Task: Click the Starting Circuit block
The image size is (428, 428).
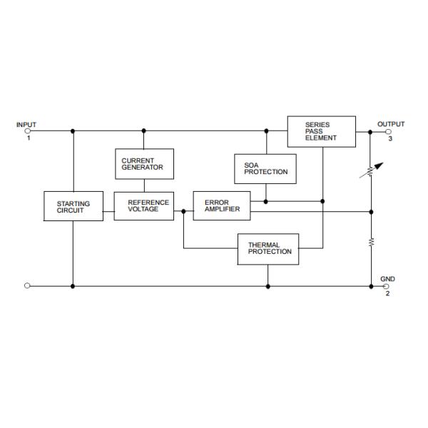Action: pyautogui.click(x=73, y=206)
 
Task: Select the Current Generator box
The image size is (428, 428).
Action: pyautogui.click(x=143, y=164)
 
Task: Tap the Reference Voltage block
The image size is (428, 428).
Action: pyautogui.click(x=143, y=205)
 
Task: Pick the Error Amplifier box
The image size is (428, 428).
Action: pyautogui.click(x=222, y=205)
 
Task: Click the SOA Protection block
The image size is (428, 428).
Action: pyautogui.click(x=265, y=168)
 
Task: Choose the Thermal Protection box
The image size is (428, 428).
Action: pyautogui.click(x=268, y=249)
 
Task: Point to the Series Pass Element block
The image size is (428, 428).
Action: pyautogui.click(x=321, y=131)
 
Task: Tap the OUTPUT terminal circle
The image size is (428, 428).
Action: pyautogui.click(x=387, y=131)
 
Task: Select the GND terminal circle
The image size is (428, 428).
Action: pyautogui.click(x=387, y=286)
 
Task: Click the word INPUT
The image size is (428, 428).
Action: pyautogui.click(x=26, y=125)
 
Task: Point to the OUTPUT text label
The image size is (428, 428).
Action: pyautogui.click(x=390, y=124)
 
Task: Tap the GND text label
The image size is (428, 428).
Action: pyautogui.click(x=387, y=279)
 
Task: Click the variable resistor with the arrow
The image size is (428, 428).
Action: pyautogui.click(x=371, y=172)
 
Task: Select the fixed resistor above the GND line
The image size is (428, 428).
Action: pyautogui.click(x=371, y=243)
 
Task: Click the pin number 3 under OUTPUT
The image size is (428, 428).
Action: pyautogui.click(x=389, y=139)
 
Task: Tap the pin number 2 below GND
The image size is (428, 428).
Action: pyautogui.click(x=387, y=294)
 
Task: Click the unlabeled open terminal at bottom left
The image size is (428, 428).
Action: pyautogui.click(x=28, y=286)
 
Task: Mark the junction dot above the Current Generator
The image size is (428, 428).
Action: pyautogui.click(x=143, y=131)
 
